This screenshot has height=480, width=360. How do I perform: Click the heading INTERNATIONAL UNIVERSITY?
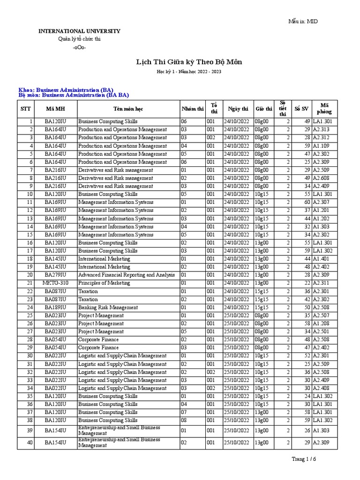coord(79,31)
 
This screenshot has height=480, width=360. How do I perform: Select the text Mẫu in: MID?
coord(306,21)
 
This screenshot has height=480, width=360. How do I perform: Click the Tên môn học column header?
coord(128,109)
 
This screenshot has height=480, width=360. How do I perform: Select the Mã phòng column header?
coord(324,109)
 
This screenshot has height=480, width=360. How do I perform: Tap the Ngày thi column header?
coord(238,109)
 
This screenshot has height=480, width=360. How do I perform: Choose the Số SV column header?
coord(301,109)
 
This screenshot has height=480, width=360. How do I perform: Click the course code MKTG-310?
coord(55,283)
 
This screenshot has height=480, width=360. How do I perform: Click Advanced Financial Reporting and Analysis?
coord(126,275)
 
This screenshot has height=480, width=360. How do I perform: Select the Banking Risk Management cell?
coord(108,307)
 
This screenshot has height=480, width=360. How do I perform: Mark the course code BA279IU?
coord(55,275)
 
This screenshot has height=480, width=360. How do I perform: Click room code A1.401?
coord(322,259)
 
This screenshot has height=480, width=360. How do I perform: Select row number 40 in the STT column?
coord(30,443)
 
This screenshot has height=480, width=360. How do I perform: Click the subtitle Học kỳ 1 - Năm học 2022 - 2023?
coord(189,72)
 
